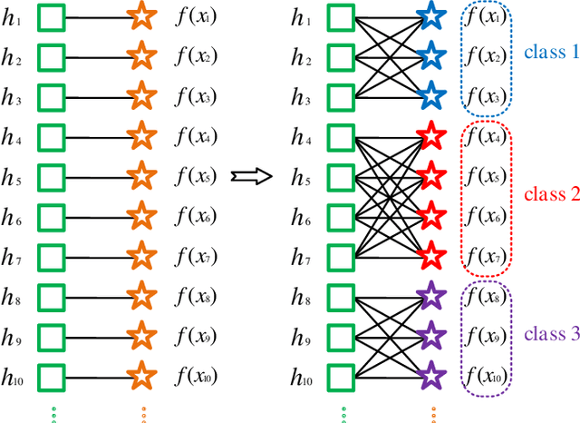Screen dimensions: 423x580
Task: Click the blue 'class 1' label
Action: click(549, 53)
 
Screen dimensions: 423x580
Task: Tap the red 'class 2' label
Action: click(549, 193)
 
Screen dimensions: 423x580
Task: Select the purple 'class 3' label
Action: click(549, 333)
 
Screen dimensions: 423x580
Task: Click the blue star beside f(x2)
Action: click(431, 56)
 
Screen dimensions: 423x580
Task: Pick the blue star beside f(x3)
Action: click(431, 95)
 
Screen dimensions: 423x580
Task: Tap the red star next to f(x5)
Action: click(431, 175)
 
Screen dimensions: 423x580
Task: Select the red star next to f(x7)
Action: click(431, 255)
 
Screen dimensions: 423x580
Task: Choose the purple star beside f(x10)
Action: click(431, 373)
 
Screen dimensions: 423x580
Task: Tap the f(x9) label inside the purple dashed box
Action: click(485, 334)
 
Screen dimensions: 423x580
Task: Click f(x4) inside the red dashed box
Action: click(485, 137)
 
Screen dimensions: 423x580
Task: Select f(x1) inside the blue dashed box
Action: click(485, 17)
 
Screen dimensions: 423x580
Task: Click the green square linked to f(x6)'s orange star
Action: click(51, 216)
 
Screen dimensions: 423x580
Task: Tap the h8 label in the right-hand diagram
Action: click(301, 295)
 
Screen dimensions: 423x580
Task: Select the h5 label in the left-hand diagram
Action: click(13, 176)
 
